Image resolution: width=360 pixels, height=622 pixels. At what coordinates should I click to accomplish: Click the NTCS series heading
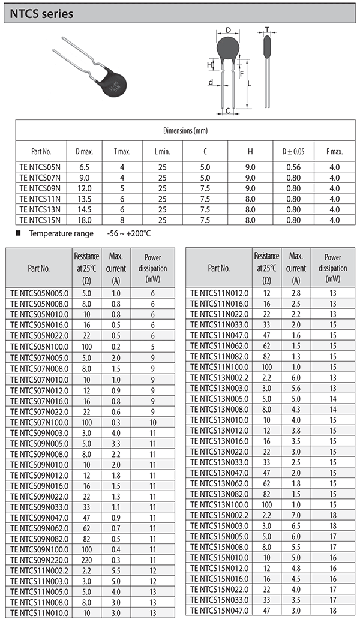tap(41, 13)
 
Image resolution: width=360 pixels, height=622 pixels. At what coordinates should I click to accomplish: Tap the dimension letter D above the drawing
tap(228, 29)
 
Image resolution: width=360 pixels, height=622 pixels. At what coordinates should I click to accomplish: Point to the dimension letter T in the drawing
tap(267, 29)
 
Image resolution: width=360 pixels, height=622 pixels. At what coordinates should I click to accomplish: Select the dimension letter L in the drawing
tap(248, 83)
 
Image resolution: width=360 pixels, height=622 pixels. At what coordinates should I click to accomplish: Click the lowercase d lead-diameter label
tap(210, 82)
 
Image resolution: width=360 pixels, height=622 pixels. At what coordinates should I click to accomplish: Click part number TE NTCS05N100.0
tap(40, 346)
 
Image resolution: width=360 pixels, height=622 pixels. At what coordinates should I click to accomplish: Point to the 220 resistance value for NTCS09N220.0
tap(86, 560)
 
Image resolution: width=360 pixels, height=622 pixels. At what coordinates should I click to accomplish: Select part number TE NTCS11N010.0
tap(40, 613)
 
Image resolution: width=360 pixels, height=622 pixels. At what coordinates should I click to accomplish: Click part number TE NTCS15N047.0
tap(219, 610)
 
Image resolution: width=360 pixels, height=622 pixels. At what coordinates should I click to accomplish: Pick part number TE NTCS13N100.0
tap(219, 506)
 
